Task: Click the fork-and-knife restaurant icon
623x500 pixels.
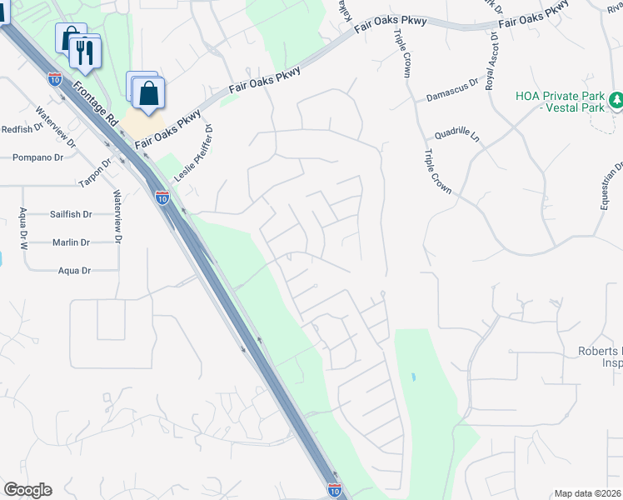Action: [x=85, y=52]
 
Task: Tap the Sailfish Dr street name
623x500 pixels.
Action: [x=70, y=214]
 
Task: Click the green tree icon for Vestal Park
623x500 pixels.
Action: [x=616, y=101]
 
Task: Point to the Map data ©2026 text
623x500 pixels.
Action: [x=587, y=493]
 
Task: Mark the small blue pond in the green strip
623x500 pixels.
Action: [x=413, y=377]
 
